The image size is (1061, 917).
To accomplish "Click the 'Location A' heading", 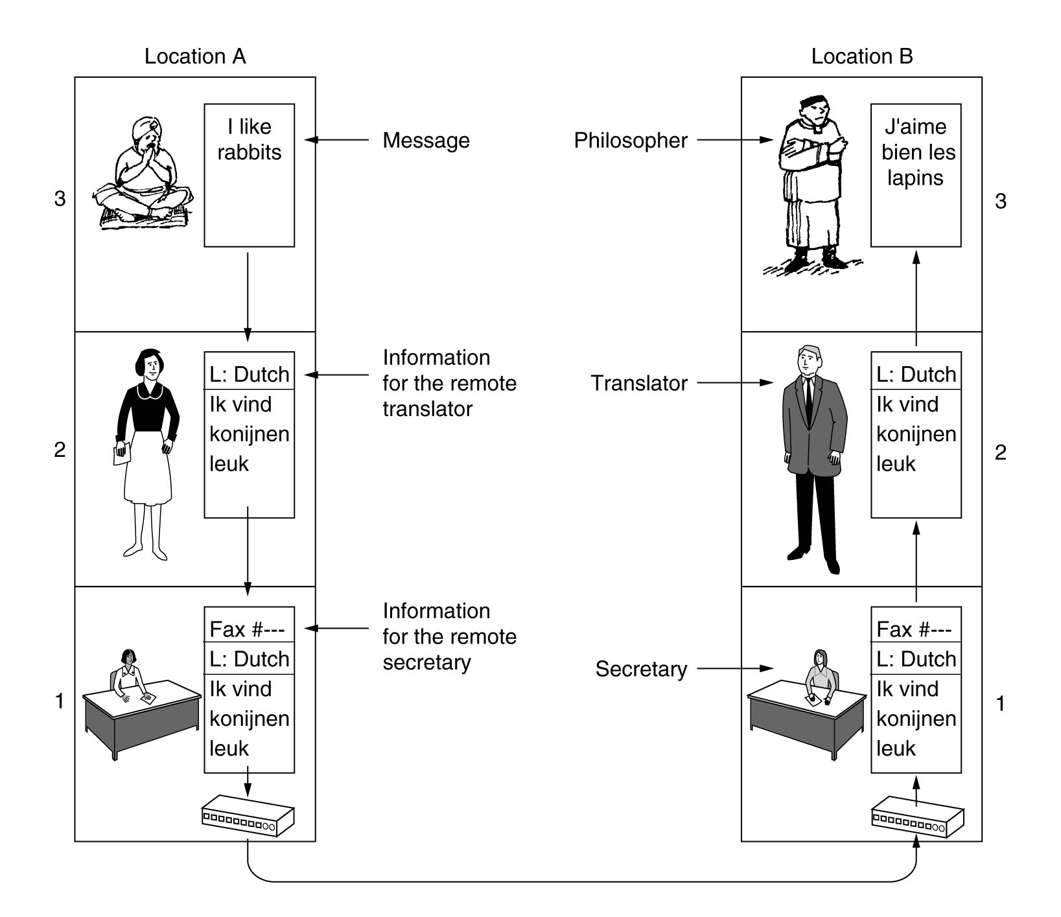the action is tap(195, 56).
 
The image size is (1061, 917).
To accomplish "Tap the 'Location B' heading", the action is tap(862, 56).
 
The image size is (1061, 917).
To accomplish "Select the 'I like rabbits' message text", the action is tap(250, 139).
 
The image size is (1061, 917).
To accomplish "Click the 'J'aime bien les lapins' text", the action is tap(916, 152).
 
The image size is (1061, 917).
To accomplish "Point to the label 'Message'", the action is tap(426, 141).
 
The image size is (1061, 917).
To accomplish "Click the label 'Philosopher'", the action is tap(631, 141).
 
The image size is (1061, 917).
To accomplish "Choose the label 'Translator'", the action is tap(639, 384).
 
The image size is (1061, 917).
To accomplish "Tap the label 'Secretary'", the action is tap(641, 669).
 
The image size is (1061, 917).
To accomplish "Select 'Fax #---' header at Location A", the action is tap(248, 629).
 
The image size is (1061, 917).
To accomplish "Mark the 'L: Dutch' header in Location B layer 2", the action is tap(916, 375).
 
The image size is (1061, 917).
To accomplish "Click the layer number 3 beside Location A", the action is tap(60, 198).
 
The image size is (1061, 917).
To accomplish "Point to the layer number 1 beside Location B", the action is tap(1001, 704).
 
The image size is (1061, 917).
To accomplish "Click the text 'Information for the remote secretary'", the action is tap(449, 637).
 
